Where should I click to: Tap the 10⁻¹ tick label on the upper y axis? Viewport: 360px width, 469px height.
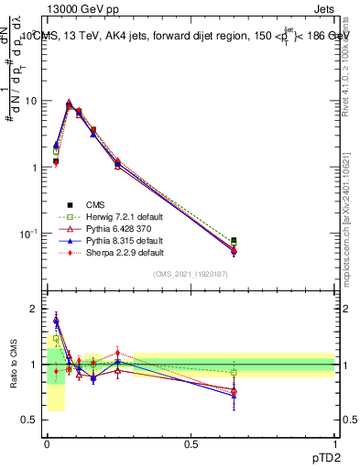tap(27, 234)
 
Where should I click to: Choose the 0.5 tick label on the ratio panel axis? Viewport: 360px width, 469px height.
tap(30, 420)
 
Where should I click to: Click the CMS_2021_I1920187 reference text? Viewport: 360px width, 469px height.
tap(191, 275)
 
